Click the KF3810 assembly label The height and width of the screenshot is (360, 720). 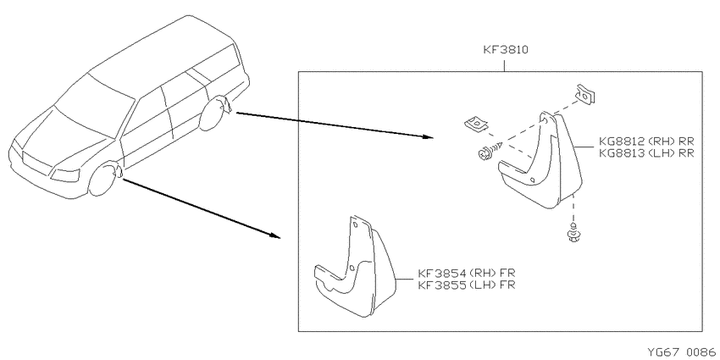[506, 50]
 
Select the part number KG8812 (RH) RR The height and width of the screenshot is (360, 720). [646, 141]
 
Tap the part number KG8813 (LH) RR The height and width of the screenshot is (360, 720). [646, 153]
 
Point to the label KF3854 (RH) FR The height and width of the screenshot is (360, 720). [467, 274]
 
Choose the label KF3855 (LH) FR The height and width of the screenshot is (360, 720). [467, 285]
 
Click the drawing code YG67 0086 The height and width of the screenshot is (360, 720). [682, 352]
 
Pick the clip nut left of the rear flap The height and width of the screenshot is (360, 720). [476, 125]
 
